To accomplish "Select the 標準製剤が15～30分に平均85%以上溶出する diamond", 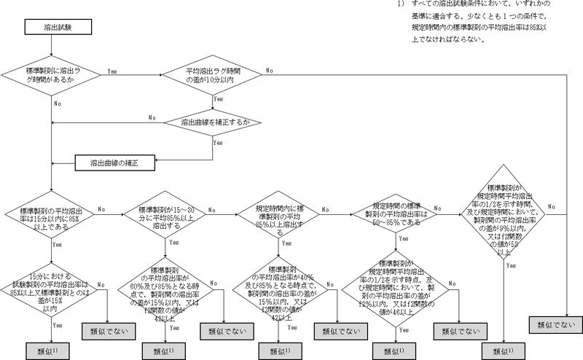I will coord(166,216).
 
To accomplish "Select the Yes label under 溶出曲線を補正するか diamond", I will coord(216,143).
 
